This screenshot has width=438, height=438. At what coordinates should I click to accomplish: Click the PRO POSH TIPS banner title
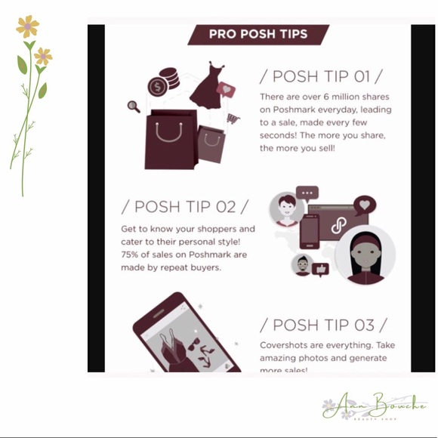(x=258, y=34)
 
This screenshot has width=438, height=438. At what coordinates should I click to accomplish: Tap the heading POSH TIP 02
(x=184, y=207)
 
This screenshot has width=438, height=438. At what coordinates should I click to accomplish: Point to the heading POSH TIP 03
(x=324, y=325)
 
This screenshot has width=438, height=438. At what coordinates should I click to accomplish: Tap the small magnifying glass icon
(x=134, y=106)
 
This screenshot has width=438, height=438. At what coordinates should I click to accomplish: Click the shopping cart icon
(x=233, y=119)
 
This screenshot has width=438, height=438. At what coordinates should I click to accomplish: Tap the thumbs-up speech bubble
(x=321, y=269)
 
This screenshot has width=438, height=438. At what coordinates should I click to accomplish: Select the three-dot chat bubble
(x=307, y=193)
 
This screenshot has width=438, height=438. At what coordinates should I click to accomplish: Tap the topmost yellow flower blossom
(x=28, y=26)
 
